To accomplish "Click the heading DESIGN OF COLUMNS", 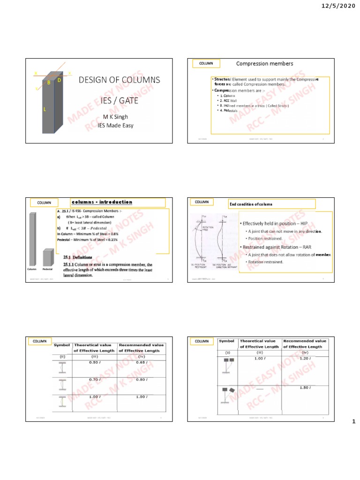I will (120, 80).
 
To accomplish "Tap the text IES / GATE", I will (119, 100).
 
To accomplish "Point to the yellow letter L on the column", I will (45, 110).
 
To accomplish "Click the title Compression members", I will (264, 64).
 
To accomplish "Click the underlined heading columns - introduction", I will (102, 202).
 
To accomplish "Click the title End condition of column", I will (251, 204).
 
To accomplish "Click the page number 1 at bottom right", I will (354, 422).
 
